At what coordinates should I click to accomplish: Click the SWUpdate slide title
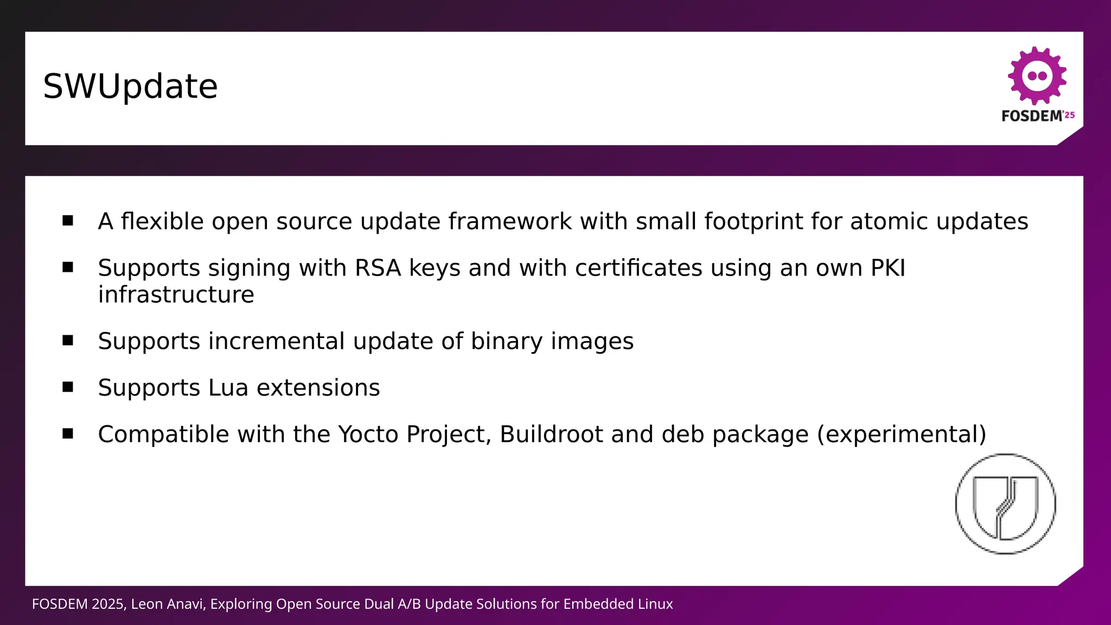130,87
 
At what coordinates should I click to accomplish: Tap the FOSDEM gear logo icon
1037,76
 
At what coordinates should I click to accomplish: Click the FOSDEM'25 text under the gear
1037,116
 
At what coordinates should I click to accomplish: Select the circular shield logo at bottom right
1005,504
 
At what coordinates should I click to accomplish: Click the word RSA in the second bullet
378,268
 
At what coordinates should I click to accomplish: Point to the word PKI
887,268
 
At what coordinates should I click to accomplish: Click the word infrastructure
176,295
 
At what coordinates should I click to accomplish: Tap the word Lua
228,388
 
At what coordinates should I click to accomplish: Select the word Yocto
368,435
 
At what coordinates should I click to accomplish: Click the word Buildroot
551,435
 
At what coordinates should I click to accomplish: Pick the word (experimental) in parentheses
902,435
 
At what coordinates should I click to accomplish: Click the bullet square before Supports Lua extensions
68,387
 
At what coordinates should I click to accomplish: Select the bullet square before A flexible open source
68,220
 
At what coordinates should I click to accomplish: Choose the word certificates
638,268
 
